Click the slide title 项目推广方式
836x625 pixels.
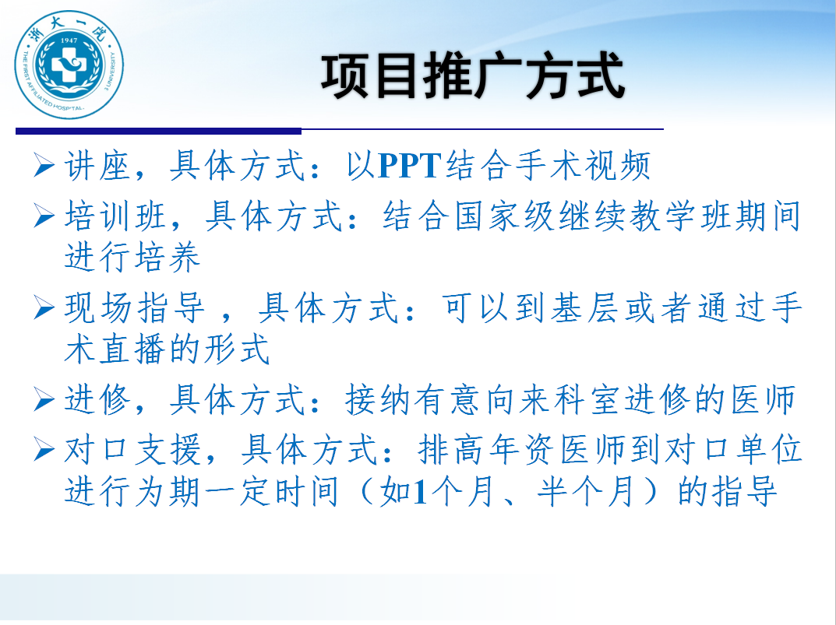point(472,75)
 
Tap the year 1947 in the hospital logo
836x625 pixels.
point(69,40)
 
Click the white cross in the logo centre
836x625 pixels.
point(69,65)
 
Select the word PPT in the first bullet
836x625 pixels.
point(410,165)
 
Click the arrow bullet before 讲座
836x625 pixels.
point(44,165)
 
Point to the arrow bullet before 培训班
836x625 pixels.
point(44,216)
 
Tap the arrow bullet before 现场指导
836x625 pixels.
point(44,308)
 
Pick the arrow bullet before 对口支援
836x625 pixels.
point(44,449)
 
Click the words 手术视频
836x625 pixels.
point(584,165)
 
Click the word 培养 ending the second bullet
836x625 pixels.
point(167,257)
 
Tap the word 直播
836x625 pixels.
point(132,349)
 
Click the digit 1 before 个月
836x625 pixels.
point(420,491)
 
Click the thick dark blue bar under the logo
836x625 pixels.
point(158,131)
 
